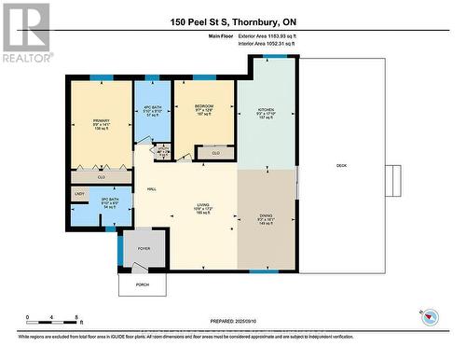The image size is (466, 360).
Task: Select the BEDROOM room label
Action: (204, 107)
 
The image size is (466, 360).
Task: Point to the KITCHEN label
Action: (267, 110)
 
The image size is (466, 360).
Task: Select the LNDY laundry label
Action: (79, 195)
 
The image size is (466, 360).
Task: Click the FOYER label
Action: (144, 249)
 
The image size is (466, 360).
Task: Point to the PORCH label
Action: (142, 284)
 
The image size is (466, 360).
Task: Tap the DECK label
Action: (341, 167)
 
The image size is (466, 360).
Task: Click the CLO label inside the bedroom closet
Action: (215, 151)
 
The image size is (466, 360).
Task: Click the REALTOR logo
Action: (25, 32)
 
